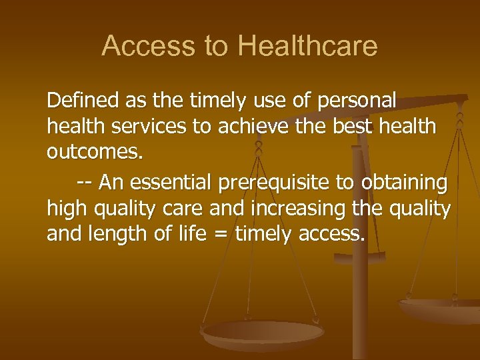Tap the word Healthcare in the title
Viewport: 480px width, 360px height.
(307, 46)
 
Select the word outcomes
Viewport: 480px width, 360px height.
(95, 153)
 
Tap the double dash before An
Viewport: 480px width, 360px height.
(84, 183)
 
